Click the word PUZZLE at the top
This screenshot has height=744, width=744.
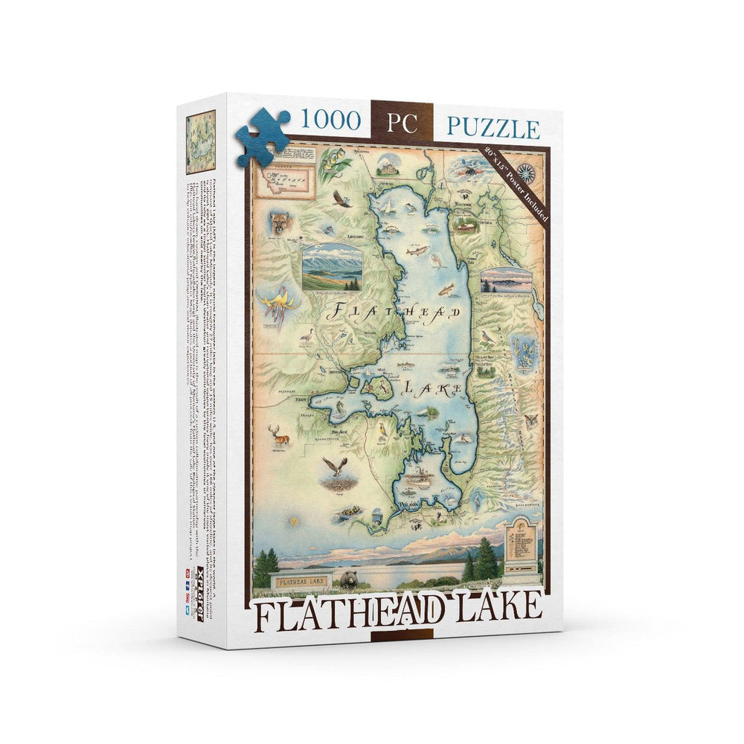point(493,128)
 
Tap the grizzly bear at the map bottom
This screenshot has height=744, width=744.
point(348,579)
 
